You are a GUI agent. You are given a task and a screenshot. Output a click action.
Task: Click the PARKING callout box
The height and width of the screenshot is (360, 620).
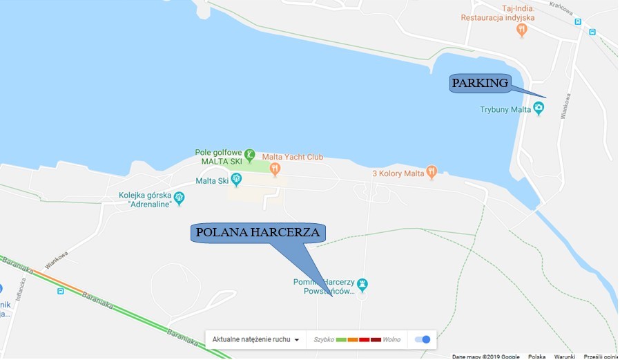tap(480, 84)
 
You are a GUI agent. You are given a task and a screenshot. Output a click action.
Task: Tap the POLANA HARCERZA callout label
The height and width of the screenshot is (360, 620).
tap(258, 233)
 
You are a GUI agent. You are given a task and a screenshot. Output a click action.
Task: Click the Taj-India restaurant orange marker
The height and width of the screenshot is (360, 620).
tap(522, 30)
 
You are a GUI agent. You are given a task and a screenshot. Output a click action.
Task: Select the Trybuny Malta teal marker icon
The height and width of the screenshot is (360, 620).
tap(539, 109)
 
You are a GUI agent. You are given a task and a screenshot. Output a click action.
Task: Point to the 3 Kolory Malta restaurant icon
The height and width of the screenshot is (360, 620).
tap(432, 172)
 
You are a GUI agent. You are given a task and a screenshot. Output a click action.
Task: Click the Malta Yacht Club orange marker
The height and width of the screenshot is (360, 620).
tap(275, 169)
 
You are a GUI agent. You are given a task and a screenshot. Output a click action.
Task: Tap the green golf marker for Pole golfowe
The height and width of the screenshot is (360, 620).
tap(250, 155)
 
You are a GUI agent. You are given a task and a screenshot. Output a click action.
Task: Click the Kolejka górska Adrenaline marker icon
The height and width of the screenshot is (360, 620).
tap(180, 198)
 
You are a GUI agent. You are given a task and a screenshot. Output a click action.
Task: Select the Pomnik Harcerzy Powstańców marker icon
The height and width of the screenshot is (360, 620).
tap(362, 285)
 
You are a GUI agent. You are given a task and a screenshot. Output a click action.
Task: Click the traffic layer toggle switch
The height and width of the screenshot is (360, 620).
tap(423, 339)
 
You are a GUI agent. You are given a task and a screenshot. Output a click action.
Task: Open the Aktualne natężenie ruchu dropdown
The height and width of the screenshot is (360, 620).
tap(256, 340)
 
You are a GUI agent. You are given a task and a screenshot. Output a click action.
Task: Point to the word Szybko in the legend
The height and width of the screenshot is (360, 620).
tap(324, 340)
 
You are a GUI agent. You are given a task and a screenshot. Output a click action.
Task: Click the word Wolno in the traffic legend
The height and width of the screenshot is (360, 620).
tap(391, 340)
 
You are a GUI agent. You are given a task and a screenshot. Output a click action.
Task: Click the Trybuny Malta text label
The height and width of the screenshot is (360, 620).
tap(505, 109)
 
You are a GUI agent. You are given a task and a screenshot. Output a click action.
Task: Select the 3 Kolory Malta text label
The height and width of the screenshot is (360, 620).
tap(397, 173)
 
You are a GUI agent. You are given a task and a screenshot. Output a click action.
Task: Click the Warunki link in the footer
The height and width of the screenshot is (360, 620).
tap(563, 357)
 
